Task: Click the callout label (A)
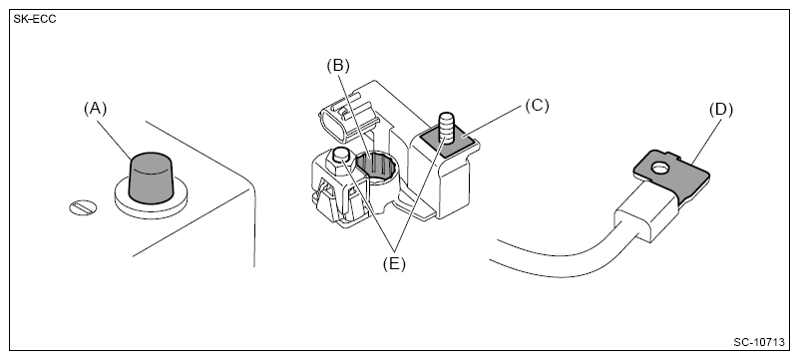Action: (96, 109)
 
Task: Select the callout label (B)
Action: (338, 66)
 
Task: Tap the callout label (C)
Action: (537, 106)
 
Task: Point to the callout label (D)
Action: (721, 110)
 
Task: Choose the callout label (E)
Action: (394, 263)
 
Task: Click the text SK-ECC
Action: (35, 19)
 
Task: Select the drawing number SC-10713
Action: (759, 342)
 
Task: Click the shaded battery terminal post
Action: (151, 177)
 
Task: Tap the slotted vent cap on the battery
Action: (83, 207)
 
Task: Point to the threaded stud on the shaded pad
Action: (446, 127)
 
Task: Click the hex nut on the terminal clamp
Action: (340, 159)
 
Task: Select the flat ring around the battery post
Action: (151, 200)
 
